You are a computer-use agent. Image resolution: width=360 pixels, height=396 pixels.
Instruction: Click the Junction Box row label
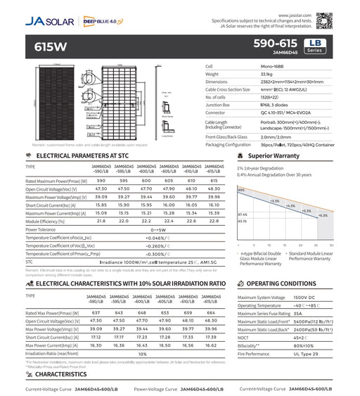pyautogui.click(x=219, y=104)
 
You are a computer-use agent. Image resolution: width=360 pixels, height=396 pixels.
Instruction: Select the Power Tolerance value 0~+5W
pyautogui.click(x=158, y=229)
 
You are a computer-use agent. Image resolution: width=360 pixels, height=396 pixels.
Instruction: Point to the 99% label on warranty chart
pyautogui.click(x=240, y=190)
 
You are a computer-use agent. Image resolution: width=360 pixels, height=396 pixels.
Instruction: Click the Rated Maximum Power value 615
pyautogui.click(x=215, y=180)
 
